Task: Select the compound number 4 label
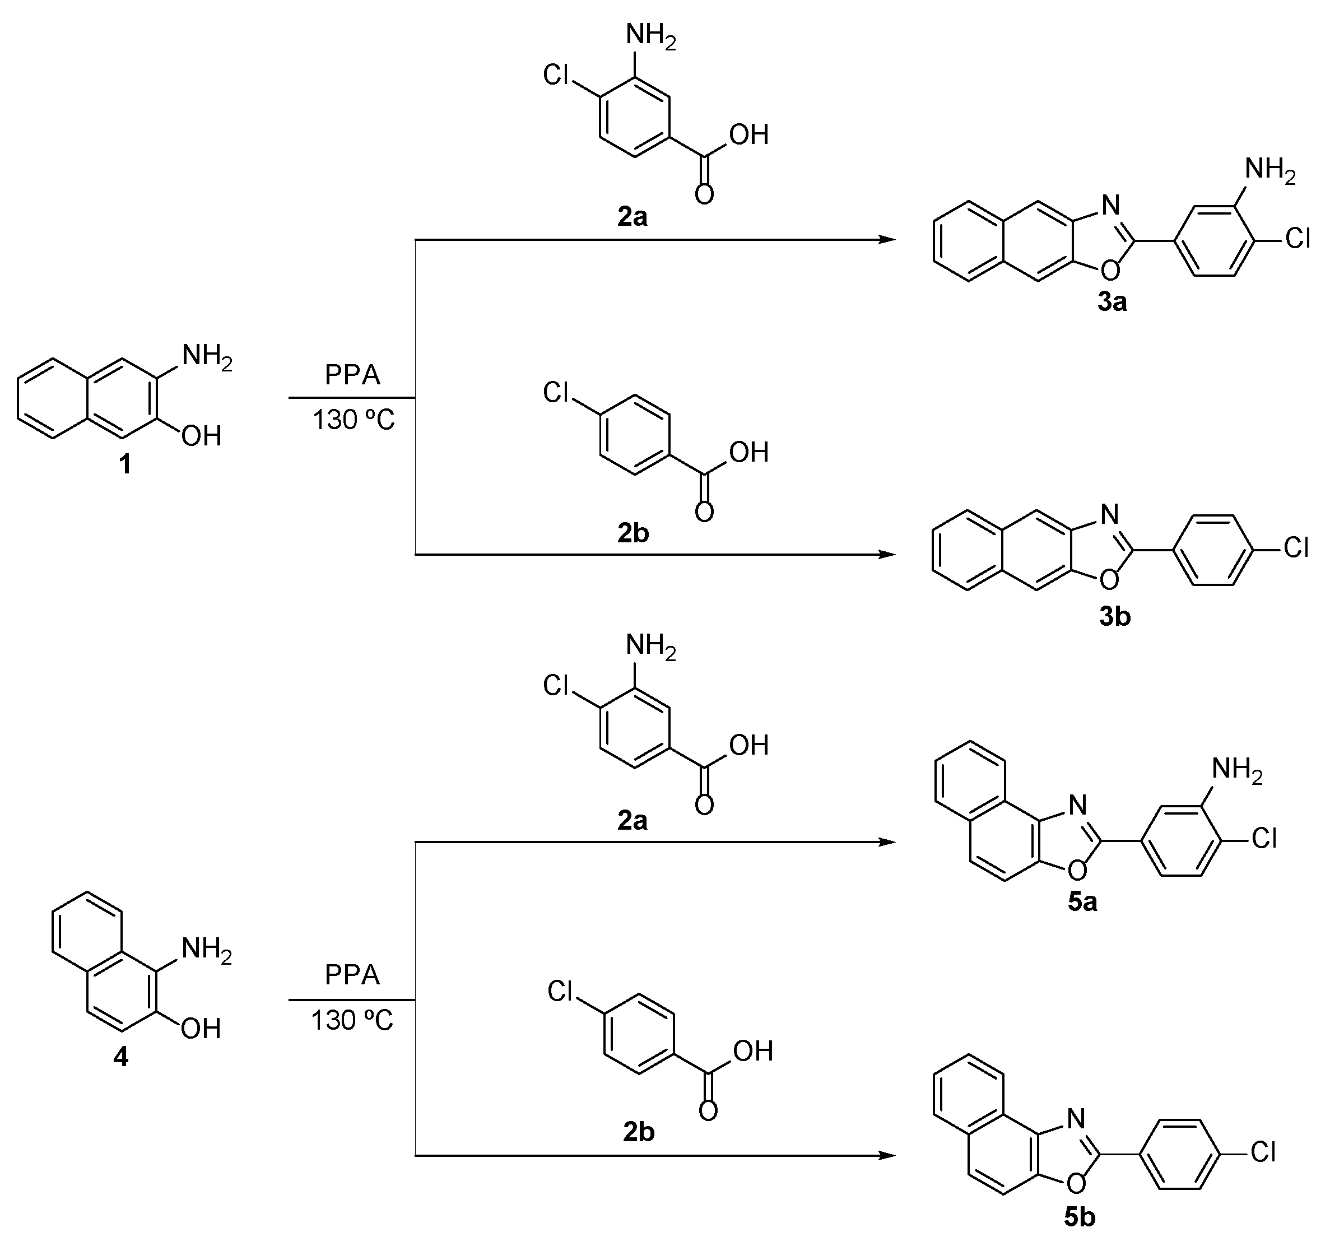120,1057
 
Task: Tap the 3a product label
1112,303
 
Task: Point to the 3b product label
1114,616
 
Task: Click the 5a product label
1082,903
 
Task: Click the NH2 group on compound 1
206,356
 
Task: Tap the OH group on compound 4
201,1028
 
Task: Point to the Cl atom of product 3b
1296,548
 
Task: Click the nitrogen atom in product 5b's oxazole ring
1076,1118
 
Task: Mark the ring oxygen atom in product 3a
1110,269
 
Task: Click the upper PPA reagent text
352,375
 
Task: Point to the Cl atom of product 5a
1264,838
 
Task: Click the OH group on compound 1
201,436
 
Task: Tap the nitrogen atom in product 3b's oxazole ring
1109,514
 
